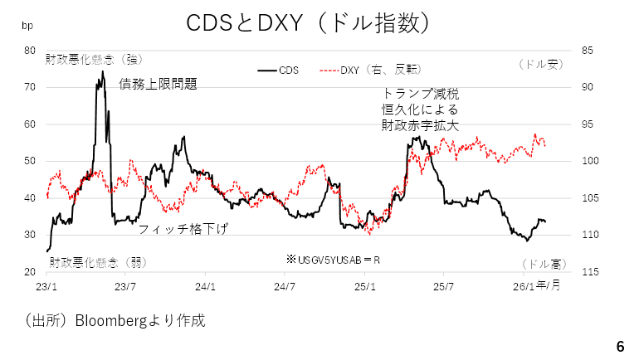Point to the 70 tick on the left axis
(x=30, y=87)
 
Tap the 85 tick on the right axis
(x=588, y=51)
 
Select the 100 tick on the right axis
(x=590, y=161)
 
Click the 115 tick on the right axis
(x=590, y=272)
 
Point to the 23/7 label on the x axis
(x=125, y=287)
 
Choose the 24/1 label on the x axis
(x=205, y=287)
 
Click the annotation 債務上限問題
(x=158, y=83)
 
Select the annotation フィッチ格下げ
(x=183, y=228)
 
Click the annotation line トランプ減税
(x=420, y=94)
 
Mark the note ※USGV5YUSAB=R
(x=333, y=260)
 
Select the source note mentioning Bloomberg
(x=114, y=319)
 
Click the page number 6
(x=620, y=345)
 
